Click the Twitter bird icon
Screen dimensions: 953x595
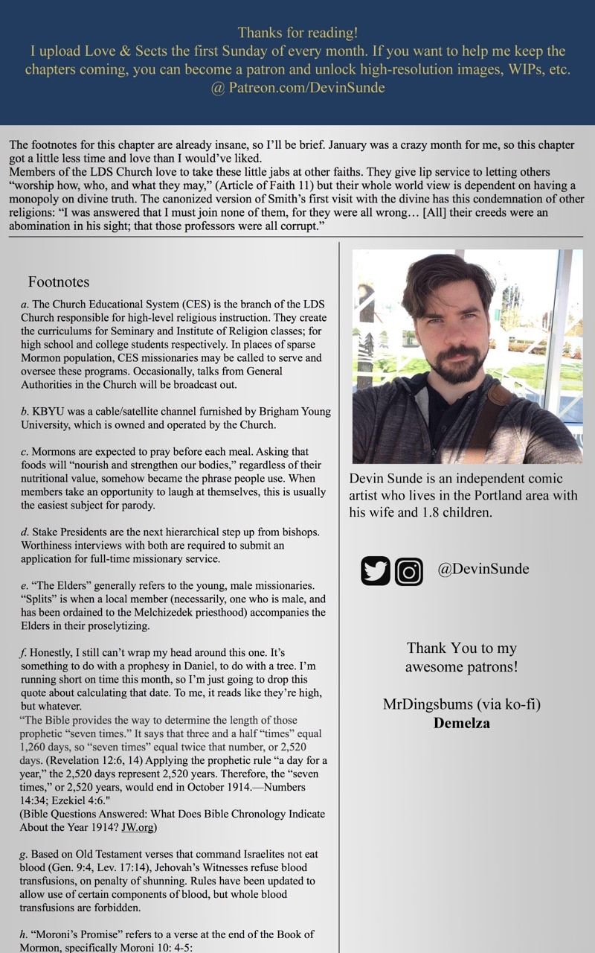point(376,571)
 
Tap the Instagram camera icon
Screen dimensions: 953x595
point(408,571)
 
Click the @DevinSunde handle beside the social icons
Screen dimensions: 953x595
point(483,570)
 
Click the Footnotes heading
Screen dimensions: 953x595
point(59,281)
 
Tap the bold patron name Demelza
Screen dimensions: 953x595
point(461,722)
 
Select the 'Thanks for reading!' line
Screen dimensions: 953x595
point(297,33)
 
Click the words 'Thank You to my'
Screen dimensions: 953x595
point(462,648)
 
